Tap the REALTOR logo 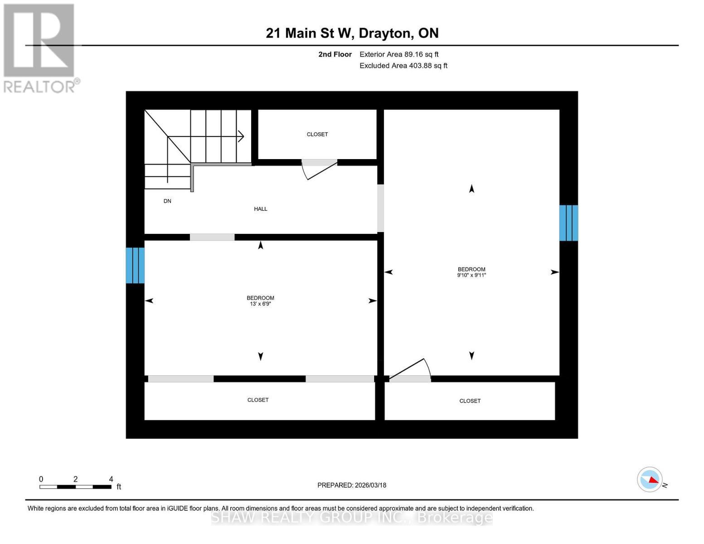[40, 48]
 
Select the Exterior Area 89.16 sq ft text [399, 54]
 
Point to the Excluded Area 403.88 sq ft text [403, 66]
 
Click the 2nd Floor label [335, 54]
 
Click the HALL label [261, 209]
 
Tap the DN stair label [167, 201]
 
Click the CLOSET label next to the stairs [317, 135]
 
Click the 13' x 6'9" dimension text [260, 304]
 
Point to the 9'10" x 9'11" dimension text [471, 275]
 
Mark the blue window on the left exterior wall [135, 265]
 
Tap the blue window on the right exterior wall [568, 223]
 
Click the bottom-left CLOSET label [258, 400]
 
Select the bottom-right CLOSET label [470, 401]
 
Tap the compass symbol [650, 480]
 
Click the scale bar [75, 487]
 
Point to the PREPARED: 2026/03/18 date [352, 486]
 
